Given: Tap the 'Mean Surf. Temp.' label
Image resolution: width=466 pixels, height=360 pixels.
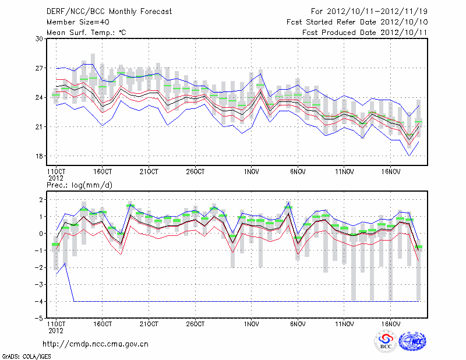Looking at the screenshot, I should click(x=86, y=32).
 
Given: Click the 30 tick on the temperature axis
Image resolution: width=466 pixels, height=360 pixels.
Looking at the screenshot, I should click(x=39, y=39).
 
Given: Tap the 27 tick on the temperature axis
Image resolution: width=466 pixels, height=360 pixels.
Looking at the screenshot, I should click(x=39, y=68).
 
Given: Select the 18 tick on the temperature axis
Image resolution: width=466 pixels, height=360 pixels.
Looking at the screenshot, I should click(x=39, y=156).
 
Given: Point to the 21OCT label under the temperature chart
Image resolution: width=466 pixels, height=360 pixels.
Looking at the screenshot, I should click(x=149, y=172).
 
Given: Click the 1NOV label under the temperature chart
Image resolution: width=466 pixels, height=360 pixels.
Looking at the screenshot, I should click(x=252, y=172).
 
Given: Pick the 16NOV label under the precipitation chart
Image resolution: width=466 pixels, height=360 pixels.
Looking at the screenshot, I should click(x=391, y=323).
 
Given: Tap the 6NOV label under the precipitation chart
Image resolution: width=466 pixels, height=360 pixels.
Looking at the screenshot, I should click(x=298, y=323).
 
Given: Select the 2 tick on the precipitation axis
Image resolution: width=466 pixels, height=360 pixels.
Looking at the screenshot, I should click(x=40, y=200).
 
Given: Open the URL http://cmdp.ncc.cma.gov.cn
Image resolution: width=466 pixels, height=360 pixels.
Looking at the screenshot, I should click(x=96, y=344).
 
